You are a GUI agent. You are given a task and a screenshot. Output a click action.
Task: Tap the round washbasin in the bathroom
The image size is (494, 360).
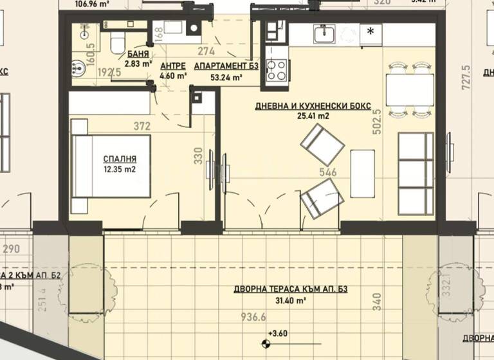(79, 66)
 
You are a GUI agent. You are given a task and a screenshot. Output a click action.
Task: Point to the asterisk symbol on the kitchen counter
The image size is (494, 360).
(370, 32)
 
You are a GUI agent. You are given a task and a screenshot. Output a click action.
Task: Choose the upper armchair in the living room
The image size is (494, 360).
(322, 145)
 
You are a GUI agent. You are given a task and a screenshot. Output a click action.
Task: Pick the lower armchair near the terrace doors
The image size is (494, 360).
(322, 199)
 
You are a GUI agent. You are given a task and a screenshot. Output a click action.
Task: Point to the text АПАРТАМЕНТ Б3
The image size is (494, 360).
(218, 66)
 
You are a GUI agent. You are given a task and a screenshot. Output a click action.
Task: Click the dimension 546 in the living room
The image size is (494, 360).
(328, 172)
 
